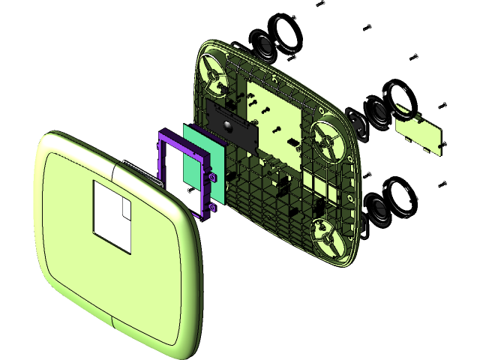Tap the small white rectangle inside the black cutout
pyautogui.click(x=124, y=208)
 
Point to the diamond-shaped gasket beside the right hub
pyautogui.click(x=357, y=124)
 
